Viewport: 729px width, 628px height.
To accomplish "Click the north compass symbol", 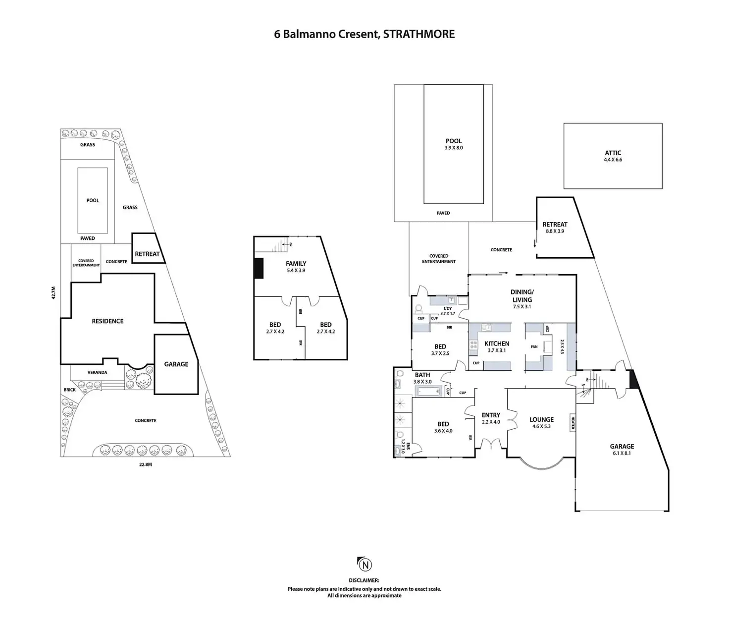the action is point(364,565).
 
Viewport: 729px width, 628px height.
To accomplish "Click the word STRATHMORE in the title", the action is point(419,34).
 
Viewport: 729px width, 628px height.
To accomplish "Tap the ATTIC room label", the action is point(613,153).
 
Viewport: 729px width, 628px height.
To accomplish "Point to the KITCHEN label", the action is point(497,343).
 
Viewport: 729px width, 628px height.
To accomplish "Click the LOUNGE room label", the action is point(541,419).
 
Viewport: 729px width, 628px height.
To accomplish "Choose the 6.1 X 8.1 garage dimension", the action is point(622,453).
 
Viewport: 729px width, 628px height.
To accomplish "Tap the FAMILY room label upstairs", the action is point(296,264).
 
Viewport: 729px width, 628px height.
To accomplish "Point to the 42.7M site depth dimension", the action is point(53,292).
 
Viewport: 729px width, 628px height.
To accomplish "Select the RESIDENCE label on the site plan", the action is point(107,321).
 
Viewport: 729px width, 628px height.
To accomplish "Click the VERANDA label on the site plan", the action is point(97,372).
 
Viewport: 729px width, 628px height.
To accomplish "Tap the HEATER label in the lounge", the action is point(573,422).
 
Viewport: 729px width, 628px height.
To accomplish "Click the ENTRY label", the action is point(491,415).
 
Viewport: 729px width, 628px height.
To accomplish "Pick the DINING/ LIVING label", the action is point(522,296).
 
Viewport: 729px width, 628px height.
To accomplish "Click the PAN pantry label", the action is point(534,347).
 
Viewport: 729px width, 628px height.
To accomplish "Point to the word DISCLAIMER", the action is point(364,580).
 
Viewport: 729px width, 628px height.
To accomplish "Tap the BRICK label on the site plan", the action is point(70,390).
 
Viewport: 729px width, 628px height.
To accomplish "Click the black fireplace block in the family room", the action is point(258,268).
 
